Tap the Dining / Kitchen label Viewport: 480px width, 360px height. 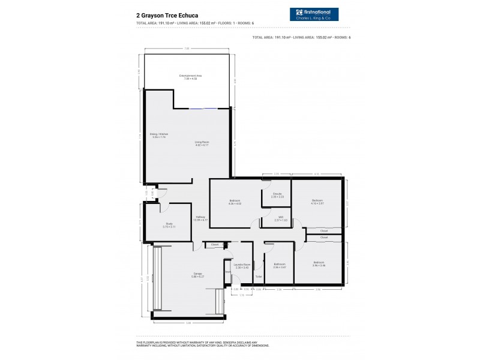click(158, 136)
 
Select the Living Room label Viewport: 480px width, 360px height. click(202, 143)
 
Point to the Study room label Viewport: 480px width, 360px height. click(169, 225)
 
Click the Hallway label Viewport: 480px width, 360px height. click(200, 218)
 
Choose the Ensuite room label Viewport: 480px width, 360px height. click(277, 195)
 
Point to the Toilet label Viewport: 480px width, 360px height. click(258, 276)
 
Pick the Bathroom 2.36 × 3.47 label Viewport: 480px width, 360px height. click(280, 265)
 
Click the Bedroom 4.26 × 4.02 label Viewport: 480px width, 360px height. click(234, 201)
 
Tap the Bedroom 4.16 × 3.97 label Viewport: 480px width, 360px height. click(317, 201)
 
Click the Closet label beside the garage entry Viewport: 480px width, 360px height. click(214, 244)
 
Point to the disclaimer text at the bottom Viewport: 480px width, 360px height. click(204, 344)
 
